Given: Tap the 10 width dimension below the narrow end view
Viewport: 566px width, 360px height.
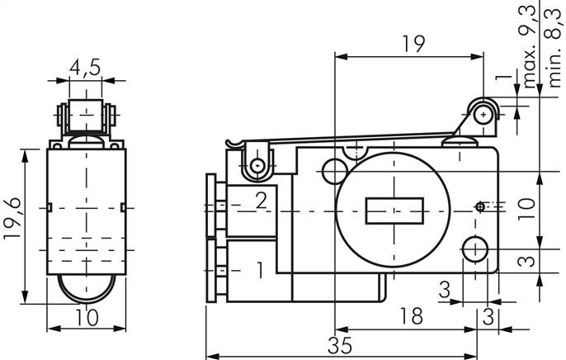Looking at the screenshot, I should pos(85,318).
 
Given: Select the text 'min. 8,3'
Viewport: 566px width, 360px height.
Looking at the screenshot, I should pos(554,45).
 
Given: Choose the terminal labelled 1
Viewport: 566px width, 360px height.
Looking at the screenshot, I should pos(259,269).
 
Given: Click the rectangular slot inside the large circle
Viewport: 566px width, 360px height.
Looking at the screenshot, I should pos(392,211).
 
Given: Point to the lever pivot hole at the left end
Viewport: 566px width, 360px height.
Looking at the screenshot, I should pos(260,167).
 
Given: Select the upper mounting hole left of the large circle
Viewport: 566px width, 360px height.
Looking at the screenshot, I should pos(334,171).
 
